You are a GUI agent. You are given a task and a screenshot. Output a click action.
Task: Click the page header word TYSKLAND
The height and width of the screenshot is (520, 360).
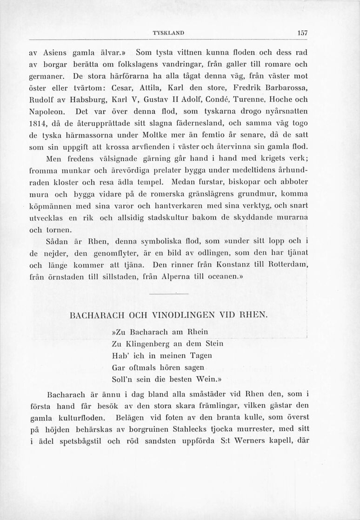click(x=166, y=33)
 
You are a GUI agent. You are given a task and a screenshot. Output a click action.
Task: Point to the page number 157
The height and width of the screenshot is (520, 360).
click(x=303, y=33)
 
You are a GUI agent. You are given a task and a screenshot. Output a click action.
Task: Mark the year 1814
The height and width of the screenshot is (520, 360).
click(x=38, y=124)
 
